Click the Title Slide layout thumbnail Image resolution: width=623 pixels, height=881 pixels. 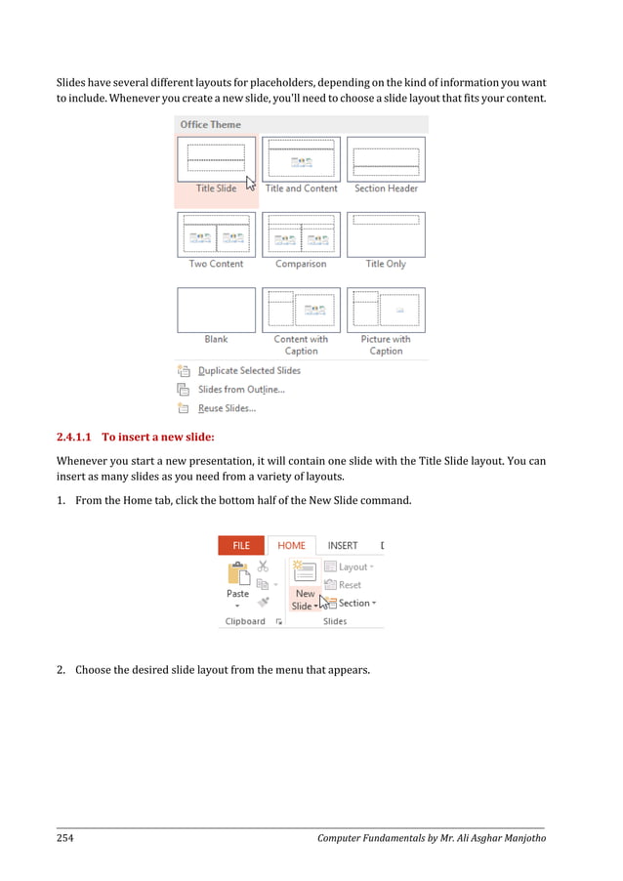click(216, 159)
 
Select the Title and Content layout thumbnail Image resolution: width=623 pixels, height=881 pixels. click(301, 159)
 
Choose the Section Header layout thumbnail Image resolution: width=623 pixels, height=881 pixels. click(386, 159)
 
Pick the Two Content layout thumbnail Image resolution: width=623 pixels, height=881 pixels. click(216, 234)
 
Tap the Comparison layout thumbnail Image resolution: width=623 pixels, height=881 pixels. click(301, 234)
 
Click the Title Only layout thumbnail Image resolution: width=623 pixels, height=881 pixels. click(386, 234)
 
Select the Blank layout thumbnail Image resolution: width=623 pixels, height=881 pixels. click(216, 310)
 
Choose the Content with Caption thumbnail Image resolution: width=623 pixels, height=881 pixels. click(301, 310)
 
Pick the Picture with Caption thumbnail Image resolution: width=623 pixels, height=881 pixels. click(386, 310)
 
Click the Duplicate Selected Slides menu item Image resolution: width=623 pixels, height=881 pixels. click(249, 371)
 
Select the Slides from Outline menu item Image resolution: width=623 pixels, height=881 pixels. click(241, 390)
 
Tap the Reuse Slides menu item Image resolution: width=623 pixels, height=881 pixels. click(227, 408)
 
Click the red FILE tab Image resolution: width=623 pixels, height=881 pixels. click(240, 546)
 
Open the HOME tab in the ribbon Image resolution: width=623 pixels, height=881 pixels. click(291, 546)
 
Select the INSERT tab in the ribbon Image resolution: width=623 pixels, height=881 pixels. click(343, 546)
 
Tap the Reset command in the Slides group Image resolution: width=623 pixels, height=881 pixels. click(350, 585)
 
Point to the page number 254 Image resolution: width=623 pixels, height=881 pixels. click(65, 838)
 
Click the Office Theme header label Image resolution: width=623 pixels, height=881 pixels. click(210, 125)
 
